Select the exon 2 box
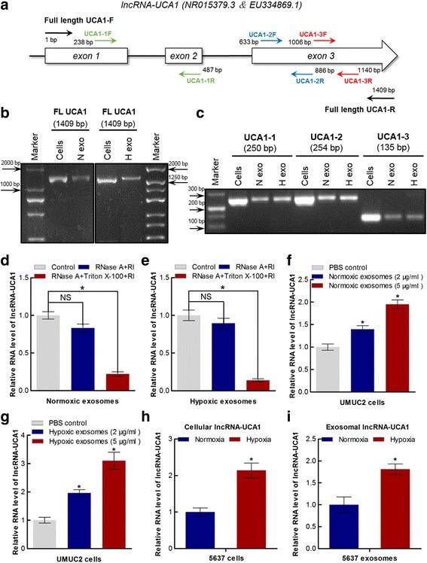pyautogui.click(x=185, y=56)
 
